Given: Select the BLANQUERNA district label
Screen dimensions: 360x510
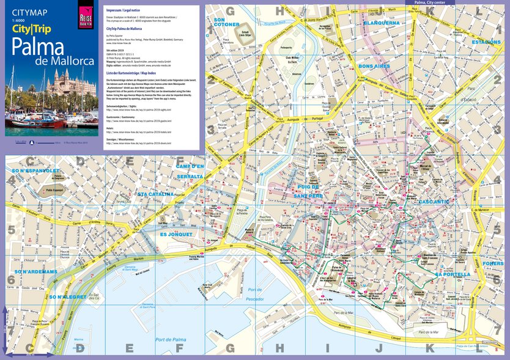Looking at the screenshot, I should (381, 23).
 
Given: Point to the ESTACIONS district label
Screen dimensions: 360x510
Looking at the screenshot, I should (486, 42).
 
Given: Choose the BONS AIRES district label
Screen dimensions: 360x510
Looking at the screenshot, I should (374, 66).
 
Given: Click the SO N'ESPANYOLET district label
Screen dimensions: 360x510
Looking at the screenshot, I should (35, 171).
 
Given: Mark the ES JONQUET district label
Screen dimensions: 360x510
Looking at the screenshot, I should (176, 233).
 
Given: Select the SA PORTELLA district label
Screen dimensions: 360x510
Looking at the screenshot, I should (453, 274).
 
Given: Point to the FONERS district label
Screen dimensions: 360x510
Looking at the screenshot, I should (492, 263).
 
